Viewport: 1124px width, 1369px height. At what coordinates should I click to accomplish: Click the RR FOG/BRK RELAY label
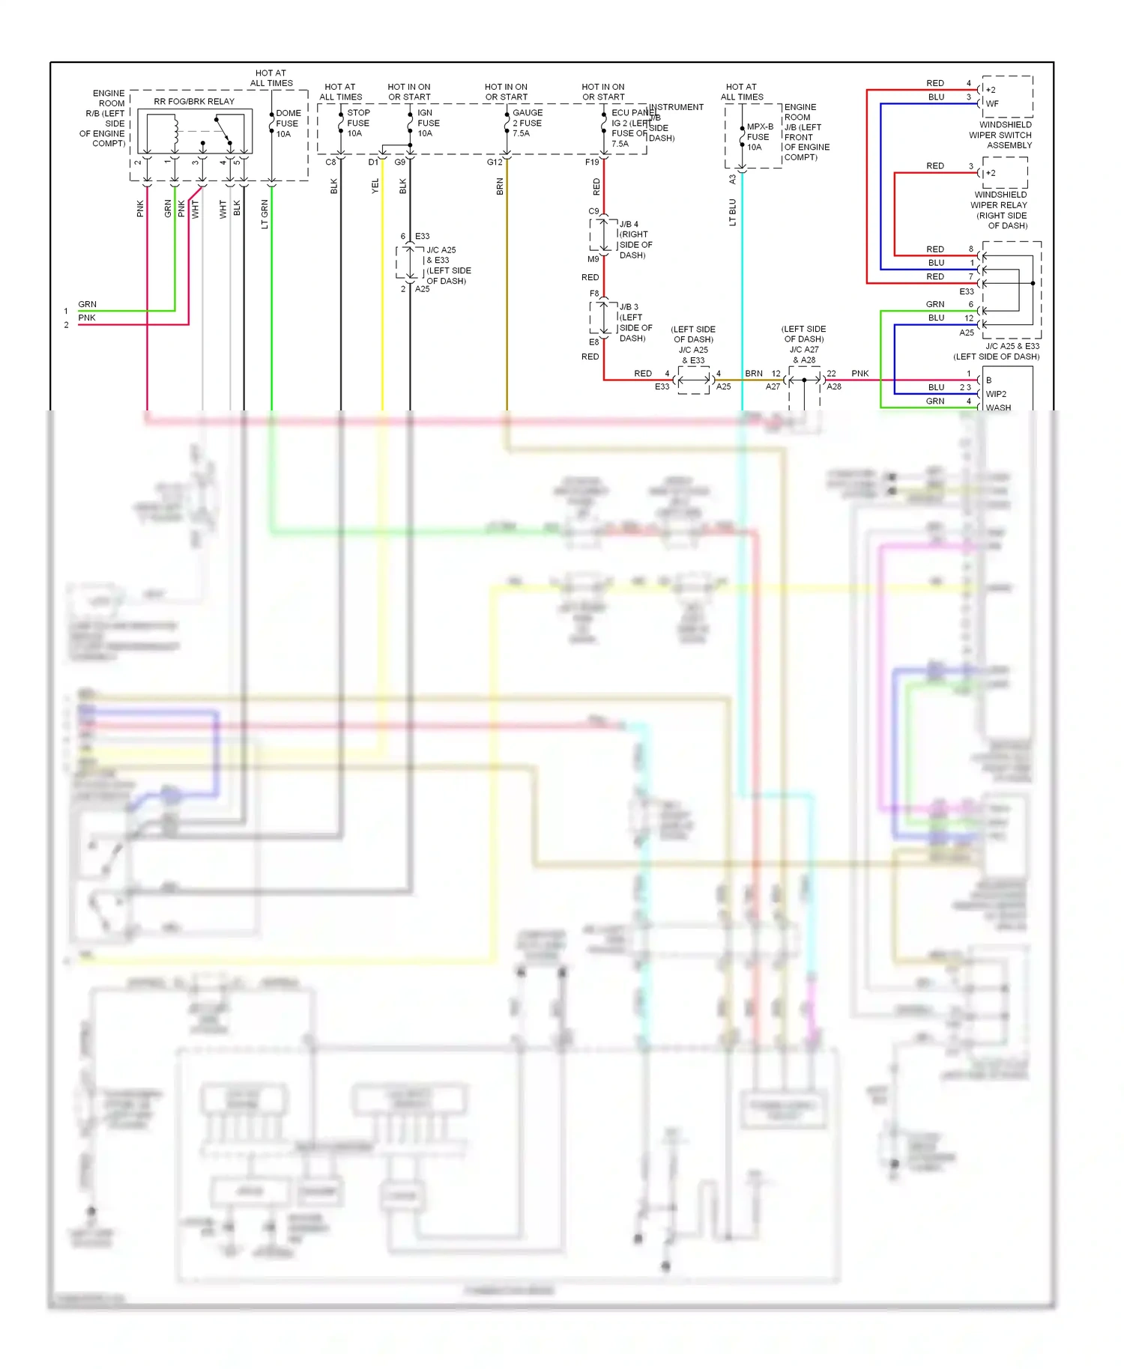[194, 101]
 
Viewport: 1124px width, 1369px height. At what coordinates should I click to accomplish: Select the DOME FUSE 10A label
[288, 124]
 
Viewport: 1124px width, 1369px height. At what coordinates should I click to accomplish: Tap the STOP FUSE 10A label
[357, 123]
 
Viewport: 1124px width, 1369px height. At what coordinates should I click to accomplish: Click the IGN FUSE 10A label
[428, 123]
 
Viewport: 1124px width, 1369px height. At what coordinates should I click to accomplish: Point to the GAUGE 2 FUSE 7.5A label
[527, 123]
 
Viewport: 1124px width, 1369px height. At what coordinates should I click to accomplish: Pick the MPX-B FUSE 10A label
[758, 137]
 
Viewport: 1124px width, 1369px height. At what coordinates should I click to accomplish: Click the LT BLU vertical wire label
[732, 212]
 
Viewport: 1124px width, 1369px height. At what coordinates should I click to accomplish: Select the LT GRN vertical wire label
[265, 214]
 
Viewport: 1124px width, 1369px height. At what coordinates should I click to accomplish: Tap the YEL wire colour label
[375, 186]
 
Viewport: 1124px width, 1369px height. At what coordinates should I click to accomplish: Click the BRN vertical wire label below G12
[500, 186]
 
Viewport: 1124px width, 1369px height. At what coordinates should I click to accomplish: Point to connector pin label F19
[592, 162]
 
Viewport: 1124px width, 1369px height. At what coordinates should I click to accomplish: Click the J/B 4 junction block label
[635, 240]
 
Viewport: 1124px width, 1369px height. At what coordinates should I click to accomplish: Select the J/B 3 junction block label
[635, 322]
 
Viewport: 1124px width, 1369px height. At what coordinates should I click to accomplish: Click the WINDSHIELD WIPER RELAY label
[1000, 210]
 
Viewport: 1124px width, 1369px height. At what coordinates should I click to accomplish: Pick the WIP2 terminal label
[996, 394]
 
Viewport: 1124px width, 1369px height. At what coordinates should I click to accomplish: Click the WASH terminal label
[998, 407]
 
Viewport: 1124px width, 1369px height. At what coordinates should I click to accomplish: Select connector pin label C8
[330, 162]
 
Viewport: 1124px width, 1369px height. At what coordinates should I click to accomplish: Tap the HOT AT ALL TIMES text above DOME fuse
[271, 78]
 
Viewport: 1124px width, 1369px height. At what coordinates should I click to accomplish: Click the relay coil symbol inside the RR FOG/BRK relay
[175, 133]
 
